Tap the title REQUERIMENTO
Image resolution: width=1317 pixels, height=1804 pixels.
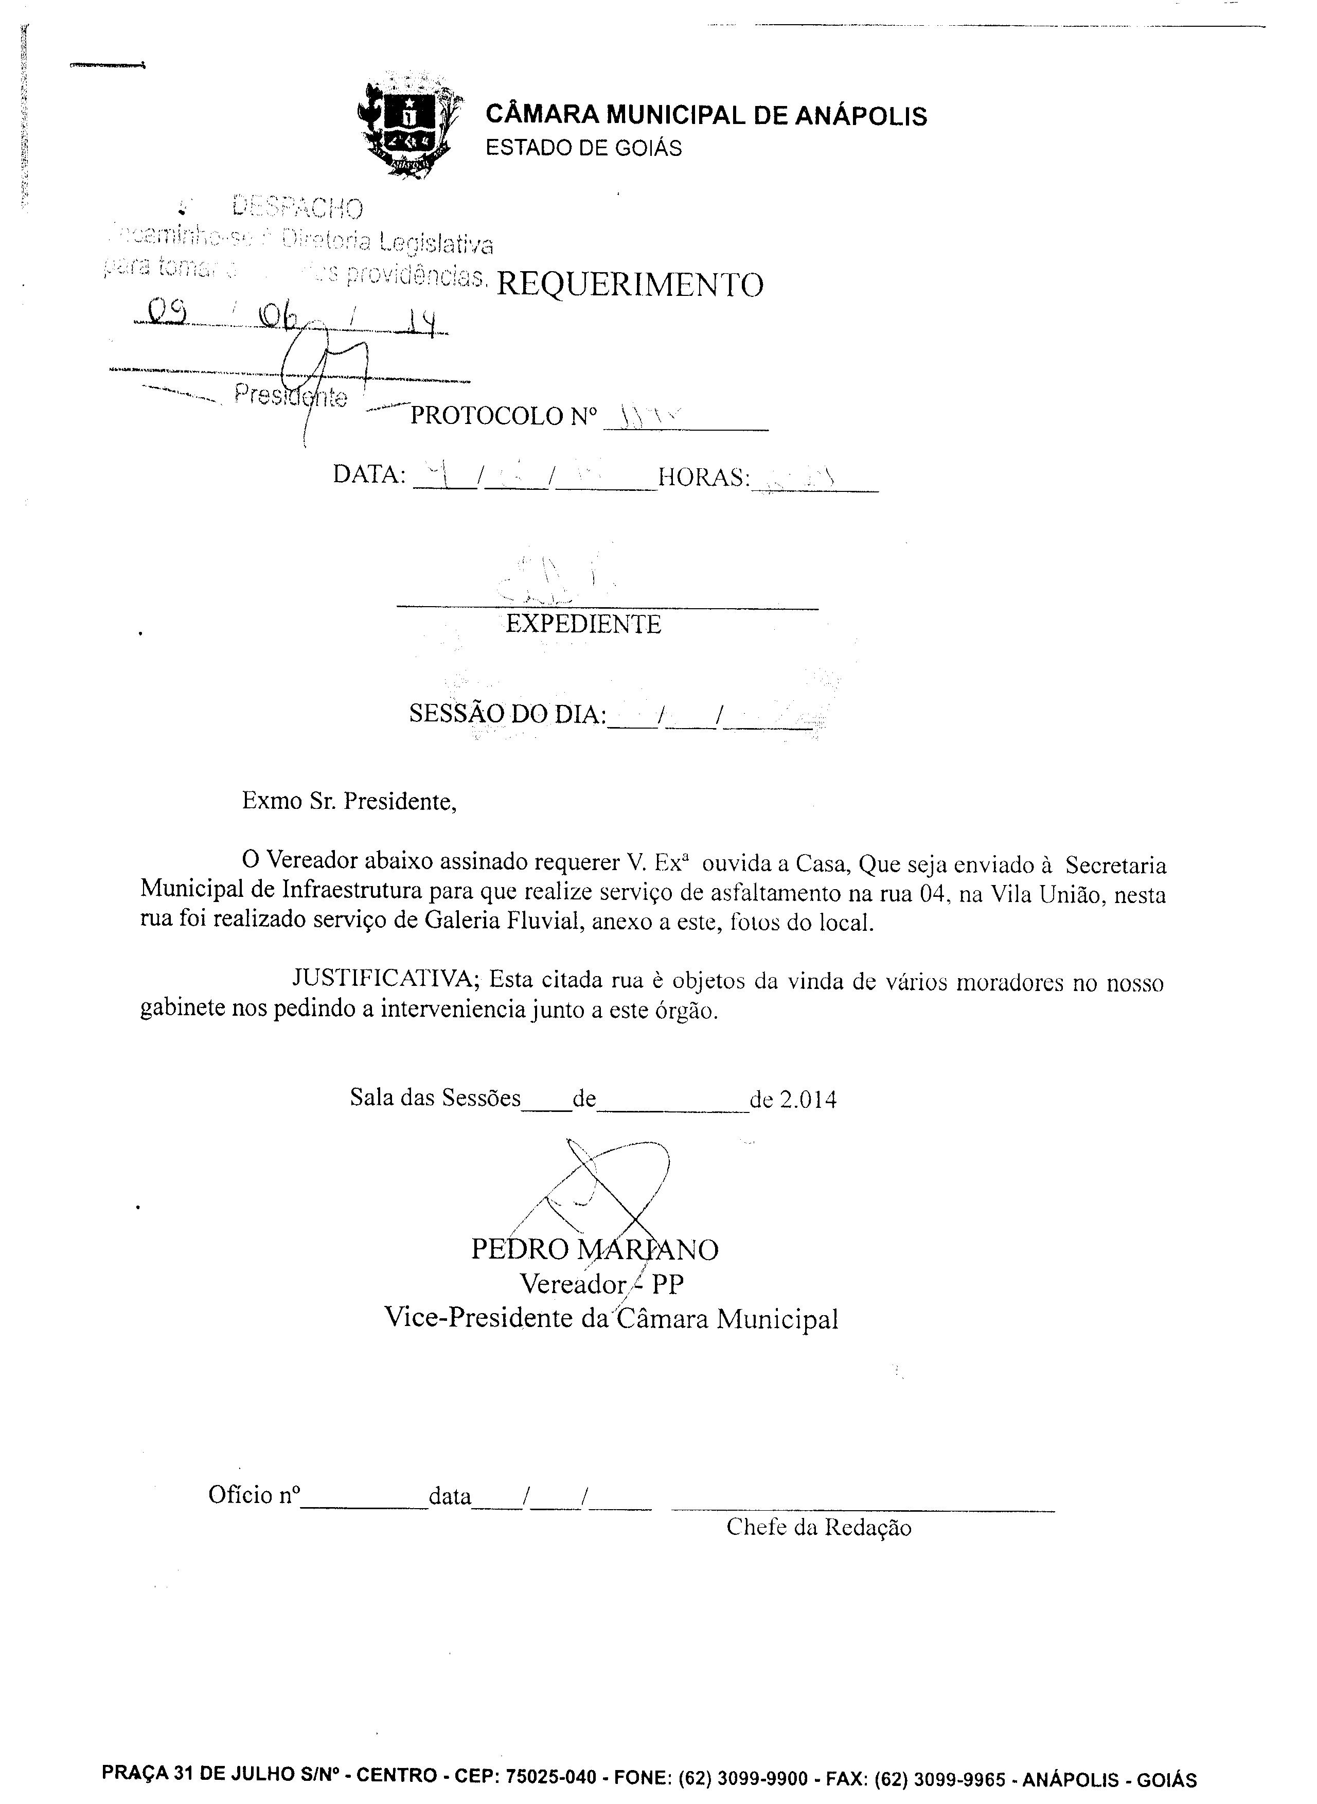(630, 285)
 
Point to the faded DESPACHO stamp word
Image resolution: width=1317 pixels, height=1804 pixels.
(297, 208)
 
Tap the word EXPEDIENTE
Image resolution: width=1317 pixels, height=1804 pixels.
(583, 624)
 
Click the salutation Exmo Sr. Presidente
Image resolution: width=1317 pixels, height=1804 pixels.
(349, 801)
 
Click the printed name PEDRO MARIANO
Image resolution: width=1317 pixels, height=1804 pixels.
(595, 1249)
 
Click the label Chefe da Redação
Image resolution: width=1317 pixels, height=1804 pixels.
(818, 1527)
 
